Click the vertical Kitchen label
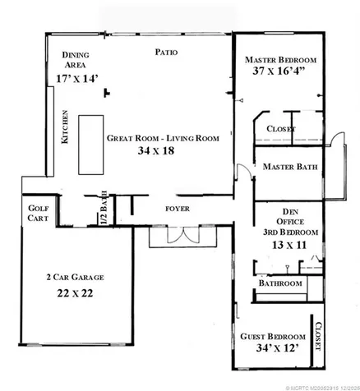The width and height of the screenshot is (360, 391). [x=65, y=128]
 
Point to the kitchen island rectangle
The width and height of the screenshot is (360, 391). [x=90, y=145]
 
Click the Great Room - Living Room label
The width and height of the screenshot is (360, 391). [x=163, y=139]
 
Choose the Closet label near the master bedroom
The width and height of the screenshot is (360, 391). [x=281, y=129]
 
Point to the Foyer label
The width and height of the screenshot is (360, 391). [x=178, y=209]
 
